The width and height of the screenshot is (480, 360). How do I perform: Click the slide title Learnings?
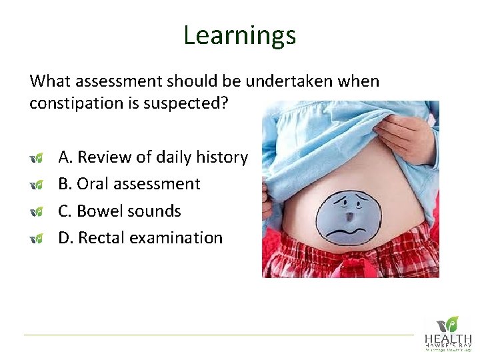coord(239,35)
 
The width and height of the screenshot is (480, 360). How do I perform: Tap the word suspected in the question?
coord(199,104)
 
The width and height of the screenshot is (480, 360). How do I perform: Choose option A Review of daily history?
coord(153,157)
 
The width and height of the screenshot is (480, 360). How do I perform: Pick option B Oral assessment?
coord(129,184)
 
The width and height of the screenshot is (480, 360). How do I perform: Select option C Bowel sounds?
coord(119,211)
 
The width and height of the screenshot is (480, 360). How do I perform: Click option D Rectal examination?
coord(140,237)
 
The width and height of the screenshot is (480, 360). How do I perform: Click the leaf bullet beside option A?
coord(37,158)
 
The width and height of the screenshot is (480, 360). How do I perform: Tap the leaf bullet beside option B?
coord(37,185)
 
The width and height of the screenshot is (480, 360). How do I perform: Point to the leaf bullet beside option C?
coord(37,211)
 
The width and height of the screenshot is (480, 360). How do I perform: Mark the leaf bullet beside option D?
coord(37,238)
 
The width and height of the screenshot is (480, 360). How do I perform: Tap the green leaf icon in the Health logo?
coord(453,323)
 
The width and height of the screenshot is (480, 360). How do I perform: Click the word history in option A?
coord(224,157)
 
